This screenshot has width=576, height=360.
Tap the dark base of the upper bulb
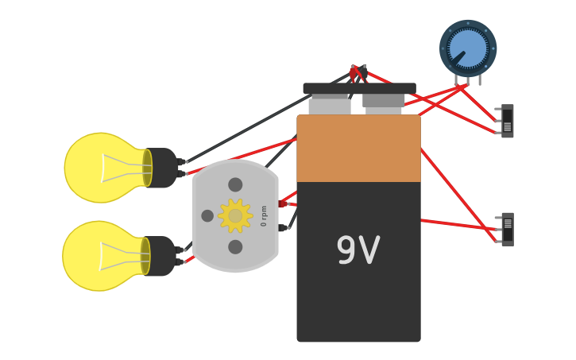(162, 168)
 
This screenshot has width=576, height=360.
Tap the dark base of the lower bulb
(160, 256)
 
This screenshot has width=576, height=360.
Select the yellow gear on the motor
(235, 215)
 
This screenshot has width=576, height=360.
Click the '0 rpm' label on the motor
(265, 215)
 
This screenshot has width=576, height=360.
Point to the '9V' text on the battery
(358, 251)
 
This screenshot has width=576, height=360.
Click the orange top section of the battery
(358, 149)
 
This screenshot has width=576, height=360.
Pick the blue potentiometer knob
(468, 48)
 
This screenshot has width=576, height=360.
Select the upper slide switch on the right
(507, 121)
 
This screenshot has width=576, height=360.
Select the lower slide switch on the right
(507, 229)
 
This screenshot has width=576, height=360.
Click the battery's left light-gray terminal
(329, 106)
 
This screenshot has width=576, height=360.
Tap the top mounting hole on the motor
(235, 184)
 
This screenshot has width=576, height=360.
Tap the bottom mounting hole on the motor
(235, 247)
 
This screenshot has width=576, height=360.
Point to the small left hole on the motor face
(207, 215)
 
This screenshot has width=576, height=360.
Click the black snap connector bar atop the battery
(359, 88)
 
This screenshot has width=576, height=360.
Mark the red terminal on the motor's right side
(283, 203)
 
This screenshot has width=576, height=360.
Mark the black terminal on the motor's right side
(283, 228)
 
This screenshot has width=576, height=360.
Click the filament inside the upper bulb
(127, 168)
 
